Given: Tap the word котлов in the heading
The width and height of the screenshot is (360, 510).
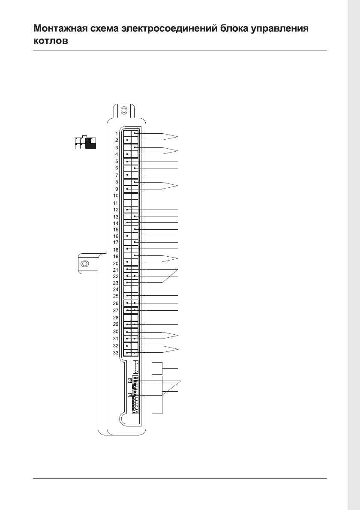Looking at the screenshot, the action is pyautogui.click(x=51, y=41).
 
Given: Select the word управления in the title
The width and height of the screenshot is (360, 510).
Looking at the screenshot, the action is pyautogui.click(x=280, y=29).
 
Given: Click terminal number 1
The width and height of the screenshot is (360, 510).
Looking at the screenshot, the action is pyautogui.click(x=117, y=134).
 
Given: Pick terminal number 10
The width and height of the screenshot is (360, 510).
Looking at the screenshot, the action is pyautogui.click(x=116, y=196).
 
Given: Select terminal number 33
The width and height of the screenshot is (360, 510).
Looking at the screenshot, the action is pyautogui.click(x=116, y=353).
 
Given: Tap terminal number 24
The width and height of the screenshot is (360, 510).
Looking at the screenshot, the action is pyautogui.click(x=116, y=289).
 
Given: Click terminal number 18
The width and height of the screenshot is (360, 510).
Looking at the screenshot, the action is pyautogui.click(x=116, y=250).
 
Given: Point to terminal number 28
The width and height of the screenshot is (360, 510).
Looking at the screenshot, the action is pyautogui.click(x=116, y=317).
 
